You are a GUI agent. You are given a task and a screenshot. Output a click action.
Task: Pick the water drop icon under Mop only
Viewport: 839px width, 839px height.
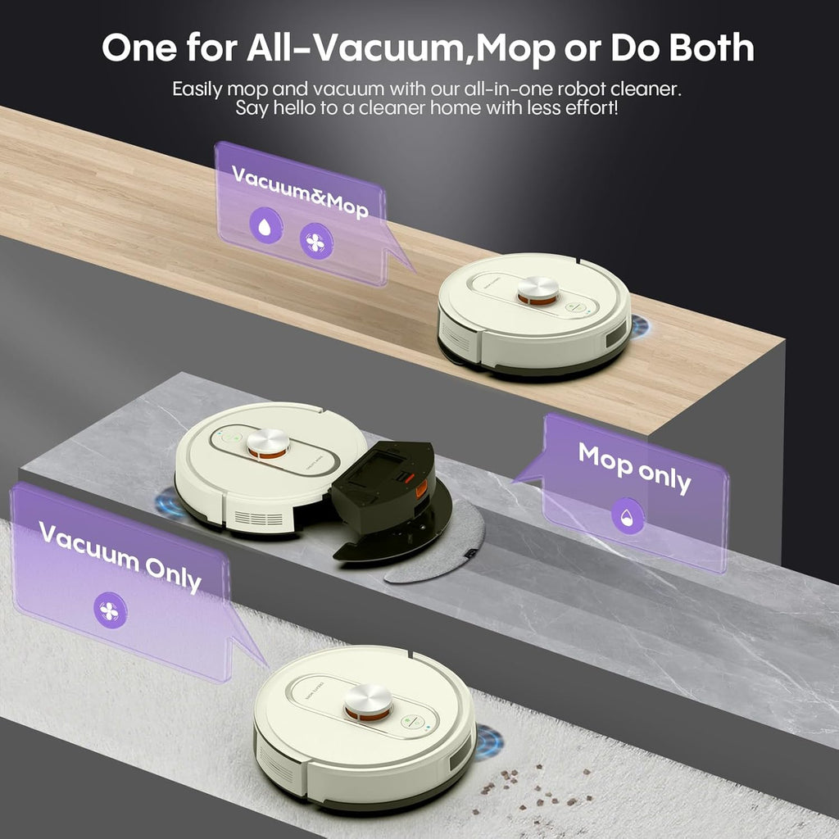pos(628,515)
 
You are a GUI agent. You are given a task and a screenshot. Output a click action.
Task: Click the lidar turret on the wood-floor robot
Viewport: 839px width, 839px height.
pos(538,290)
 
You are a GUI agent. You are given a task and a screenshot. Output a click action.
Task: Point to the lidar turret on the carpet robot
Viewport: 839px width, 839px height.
pos(367,704)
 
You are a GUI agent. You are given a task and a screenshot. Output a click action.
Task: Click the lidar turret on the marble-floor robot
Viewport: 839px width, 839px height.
pos(268,443)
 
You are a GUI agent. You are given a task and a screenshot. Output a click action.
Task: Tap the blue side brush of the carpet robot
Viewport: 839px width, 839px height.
pos(488,741)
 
